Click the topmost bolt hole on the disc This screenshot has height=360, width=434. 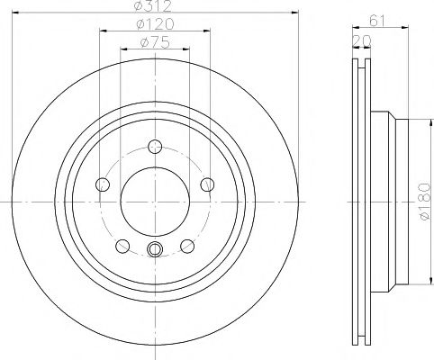pos(154,146)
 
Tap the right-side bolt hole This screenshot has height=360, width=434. pos(207,184)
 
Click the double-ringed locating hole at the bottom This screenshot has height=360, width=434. pos(154,250)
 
